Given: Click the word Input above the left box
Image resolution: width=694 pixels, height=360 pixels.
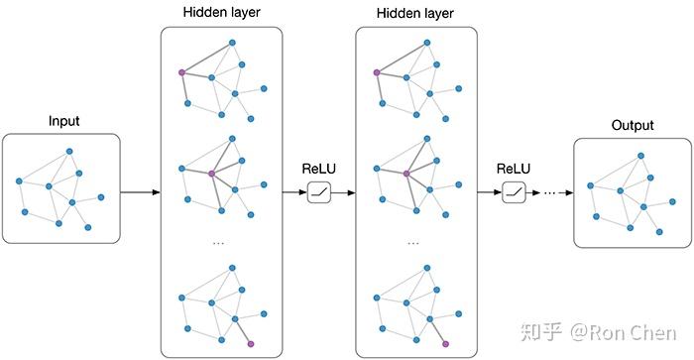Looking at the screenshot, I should pos(64,122).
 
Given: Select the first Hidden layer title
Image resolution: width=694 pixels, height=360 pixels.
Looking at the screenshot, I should pos(221,14).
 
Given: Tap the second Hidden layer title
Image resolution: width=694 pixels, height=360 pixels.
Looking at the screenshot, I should pos(415,14).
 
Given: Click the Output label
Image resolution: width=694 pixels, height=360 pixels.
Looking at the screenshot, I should pos(633,125).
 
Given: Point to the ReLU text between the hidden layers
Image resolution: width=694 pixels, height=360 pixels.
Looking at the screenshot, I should pos(319,169).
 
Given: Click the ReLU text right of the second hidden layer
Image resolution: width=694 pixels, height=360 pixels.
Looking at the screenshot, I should pos(514,169).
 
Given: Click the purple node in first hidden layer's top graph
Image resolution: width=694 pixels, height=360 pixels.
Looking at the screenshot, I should pos(181,72).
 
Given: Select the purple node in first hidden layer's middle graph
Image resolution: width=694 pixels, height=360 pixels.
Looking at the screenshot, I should pos(211,174).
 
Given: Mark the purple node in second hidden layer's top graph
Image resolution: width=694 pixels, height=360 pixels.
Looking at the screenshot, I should pos(376,72).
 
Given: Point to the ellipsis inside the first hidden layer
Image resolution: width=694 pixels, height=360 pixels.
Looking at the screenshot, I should pos(220,242).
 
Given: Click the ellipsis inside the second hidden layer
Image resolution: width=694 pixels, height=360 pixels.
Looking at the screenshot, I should pos(414,242).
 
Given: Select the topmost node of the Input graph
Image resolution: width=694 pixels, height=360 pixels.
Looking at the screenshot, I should pos(69,151).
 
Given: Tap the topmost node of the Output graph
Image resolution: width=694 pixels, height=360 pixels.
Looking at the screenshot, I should pos(640,156).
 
